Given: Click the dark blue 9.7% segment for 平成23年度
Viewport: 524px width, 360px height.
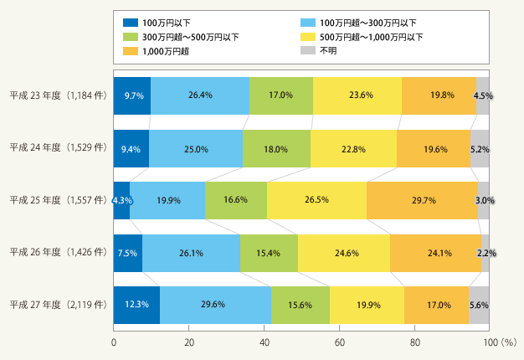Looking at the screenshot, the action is coord(132,96).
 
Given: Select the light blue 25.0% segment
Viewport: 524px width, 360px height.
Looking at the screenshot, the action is coord(196,149).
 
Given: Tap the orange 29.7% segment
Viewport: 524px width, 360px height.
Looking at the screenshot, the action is coord(423,201).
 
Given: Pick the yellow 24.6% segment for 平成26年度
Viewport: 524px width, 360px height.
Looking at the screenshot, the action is coord(344,253).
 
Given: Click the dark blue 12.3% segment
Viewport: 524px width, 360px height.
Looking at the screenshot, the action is coord(136,305).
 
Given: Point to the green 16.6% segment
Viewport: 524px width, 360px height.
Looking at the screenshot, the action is coord(236,201).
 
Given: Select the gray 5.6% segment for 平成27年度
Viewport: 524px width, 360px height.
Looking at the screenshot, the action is coord(479,305).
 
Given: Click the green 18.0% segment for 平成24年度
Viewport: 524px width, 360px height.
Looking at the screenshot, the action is coord(277,149).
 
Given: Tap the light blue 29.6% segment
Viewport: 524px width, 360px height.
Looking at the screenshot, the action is coord(216,305).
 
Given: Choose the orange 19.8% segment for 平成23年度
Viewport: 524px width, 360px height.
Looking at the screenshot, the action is coord(439,96).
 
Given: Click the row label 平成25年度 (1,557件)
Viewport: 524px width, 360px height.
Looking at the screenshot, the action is coord(58,200).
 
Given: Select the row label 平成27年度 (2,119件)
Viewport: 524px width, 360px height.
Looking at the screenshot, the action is coord(58,305).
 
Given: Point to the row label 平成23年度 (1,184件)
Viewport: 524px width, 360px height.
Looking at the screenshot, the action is coord(58,95).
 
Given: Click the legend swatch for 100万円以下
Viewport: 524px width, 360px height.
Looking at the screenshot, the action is coord(131,23).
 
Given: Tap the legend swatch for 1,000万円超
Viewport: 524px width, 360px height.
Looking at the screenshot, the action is coord(131,51).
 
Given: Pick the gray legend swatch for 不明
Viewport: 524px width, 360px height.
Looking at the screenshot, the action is coord(308,50).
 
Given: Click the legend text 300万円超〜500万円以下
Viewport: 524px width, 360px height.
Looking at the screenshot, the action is coord(191,37).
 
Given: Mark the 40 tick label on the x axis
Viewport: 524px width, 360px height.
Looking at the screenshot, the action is coord(265,342).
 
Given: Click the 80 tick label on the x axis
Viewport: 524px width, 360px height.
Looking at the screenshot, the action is coord(414,342).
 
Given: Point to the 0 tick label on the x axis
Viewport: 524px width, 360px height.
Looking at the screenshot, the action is coord(114,342).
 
